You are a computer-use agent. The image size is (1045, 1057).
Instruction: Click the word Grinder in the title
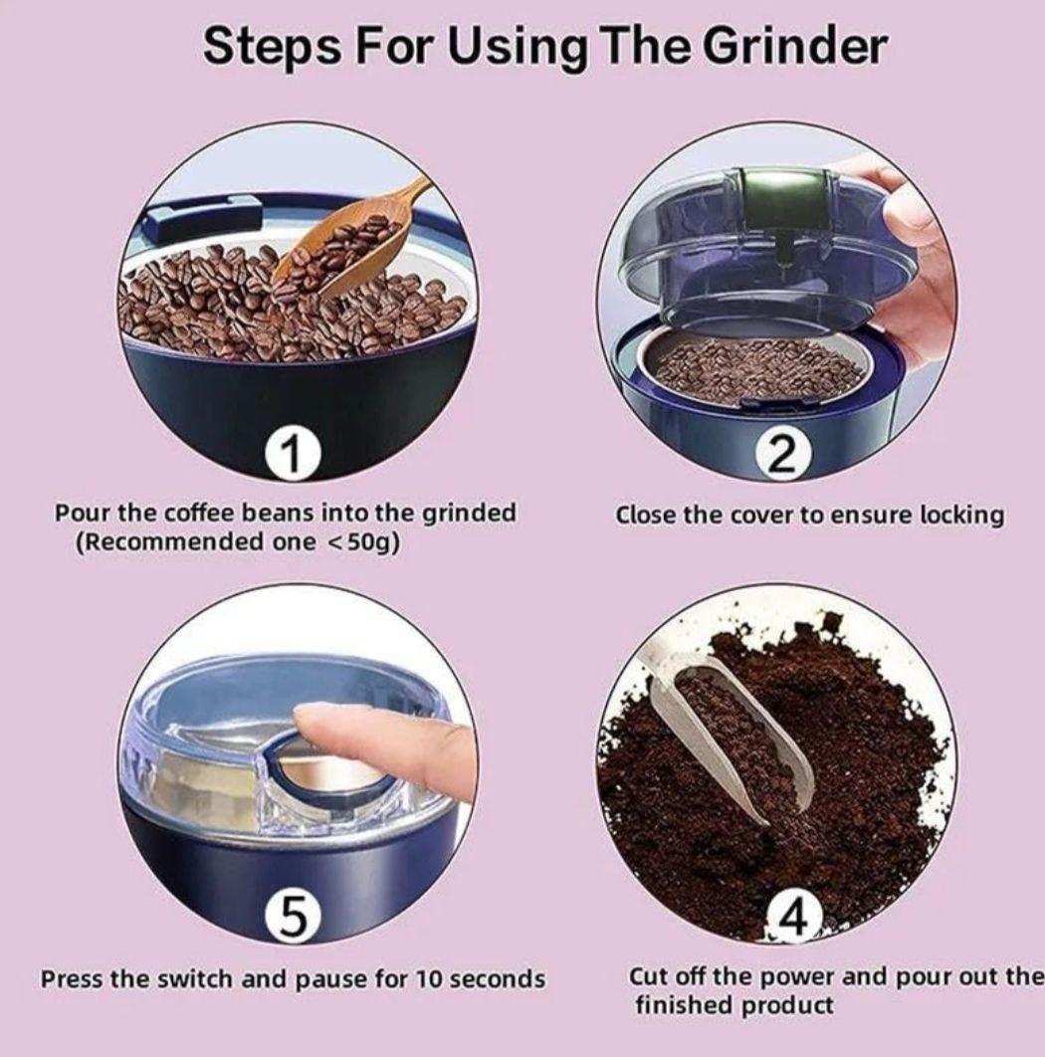tap(795, 47)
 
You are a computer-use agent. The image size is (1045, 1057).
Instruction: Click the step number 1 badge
tap(292, 455)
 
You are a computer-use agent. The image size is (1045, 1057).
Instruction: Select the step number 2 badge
tap(779, 455)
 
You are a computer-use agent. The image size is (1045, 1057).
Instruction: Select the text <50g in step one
tap(361, 542)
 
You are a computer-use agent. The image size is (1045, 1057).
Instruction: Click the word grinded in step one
tap(469, 514)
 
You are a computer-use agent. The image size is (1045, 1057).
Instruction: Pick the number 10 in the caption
tap(429, 978)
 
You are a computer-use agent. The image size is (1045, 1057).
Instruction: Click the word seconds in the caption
tap(497, 978)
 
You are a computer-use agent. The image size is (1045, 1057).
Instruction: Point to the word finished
tap(685, 1005)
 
